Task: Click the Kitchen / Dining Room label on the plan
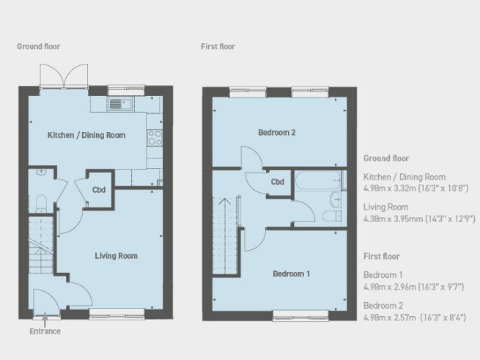coord(86,136)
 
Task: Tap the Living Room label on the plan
coord(116,256)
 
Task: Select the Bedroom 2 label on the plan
coord(277,133)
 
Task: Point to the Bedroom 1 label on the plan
coord(292,274)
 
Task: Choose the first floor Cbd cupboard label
coord(278,182)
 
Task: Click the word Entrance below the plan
coord(45,331)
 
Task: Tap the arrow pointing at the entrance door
coord(45,318)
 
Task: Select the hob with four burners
coord(155,136)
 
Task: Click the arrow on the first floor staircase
coord(226,201)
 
